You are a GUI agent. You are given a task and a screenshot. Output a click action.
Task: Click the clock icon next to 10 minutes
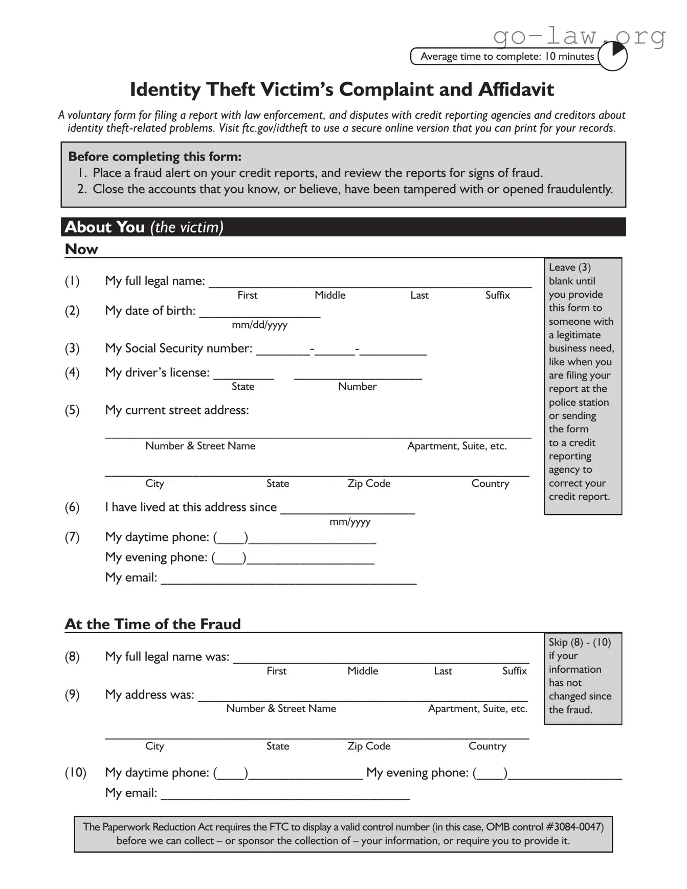pos(612,56)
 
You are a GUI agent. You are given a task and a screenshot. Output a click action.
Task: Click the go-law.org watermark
pos(579,36)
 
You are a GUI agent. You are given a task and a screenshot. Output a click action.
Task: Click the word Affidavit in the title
pos(516,90)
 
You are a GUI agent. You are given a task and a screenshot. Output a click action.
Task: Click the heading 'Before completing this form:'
pos(154,157)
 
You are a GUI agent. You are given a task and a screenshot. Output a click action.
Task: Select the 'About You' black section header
pos(343,227)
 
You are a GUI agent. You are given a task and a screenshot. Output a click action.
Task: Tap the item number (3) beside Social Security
pos(72,348)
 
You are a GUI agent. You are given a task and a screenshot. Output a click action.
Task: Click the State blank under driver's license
pos(243,374)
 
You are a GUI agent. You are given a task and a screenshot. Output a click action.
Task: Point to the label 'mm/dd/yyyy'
pos(259,325)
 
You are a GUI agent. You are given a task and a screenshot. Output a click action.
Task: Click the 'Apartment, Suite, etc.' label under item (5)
pos(457,446)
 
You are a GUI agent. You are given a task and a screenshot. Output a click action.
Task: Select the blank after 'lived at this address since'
pos(347,509)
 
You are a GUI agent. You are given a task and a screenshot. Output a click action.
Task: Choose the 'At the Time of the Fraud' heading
pos(152,624)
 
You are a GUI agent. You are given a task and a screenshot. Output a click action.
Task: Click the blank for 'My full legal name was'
pos(381,658)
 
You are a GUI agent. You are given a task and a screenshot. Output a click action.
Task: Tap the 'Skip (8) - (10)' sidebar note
pos(580,642)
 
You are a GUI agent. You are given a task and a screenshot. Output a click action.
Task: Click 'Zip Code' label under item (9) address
pos(369,746)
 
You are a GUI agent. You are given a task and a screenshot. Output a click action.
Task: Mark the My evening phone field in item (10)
pos(564,774)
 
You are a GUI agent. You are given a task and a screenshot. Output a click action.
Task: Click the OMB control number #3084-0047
pos(574,827)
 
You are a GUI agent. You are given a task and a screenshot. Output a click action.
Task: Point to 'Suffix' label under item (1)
pos(497,295)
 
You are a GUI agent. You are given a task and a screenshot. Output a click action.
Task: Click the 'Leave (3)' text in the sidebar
pos(569,268)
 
